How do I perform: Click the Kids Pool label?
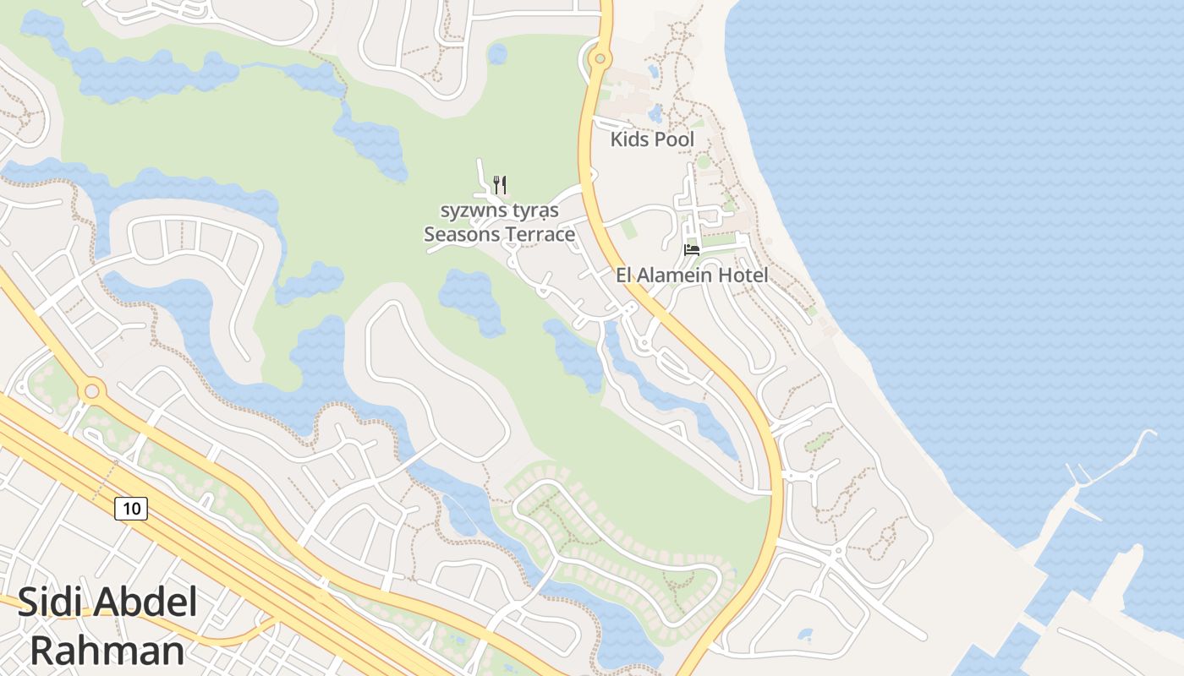click(652, 139)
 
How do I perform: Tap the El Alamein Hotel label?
click(692, 275)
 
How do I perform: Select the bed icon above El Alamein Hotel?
click(692, 249)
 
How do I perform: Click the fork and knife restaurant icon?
click(500, 183)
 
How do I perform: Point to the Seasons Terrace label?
click(499, 234)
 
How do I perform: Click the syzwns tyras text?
click(499, 210)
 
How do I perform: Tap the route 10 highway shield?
click(131, 508)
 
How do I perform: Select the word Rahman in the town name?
click(107, 651)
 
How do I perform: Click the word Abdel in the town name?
click(145, 602)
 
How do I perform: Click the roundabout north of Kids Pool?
click(600, 58)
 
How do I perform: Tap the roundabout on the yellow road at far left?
click(91, 390)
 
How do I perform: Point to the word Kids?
click(628, 139)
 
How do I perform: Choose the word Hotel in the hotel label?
click(742, 275)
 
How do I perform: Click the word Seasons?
click(462, 234)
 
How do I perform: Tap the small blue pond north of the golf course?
click(497, 55)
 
